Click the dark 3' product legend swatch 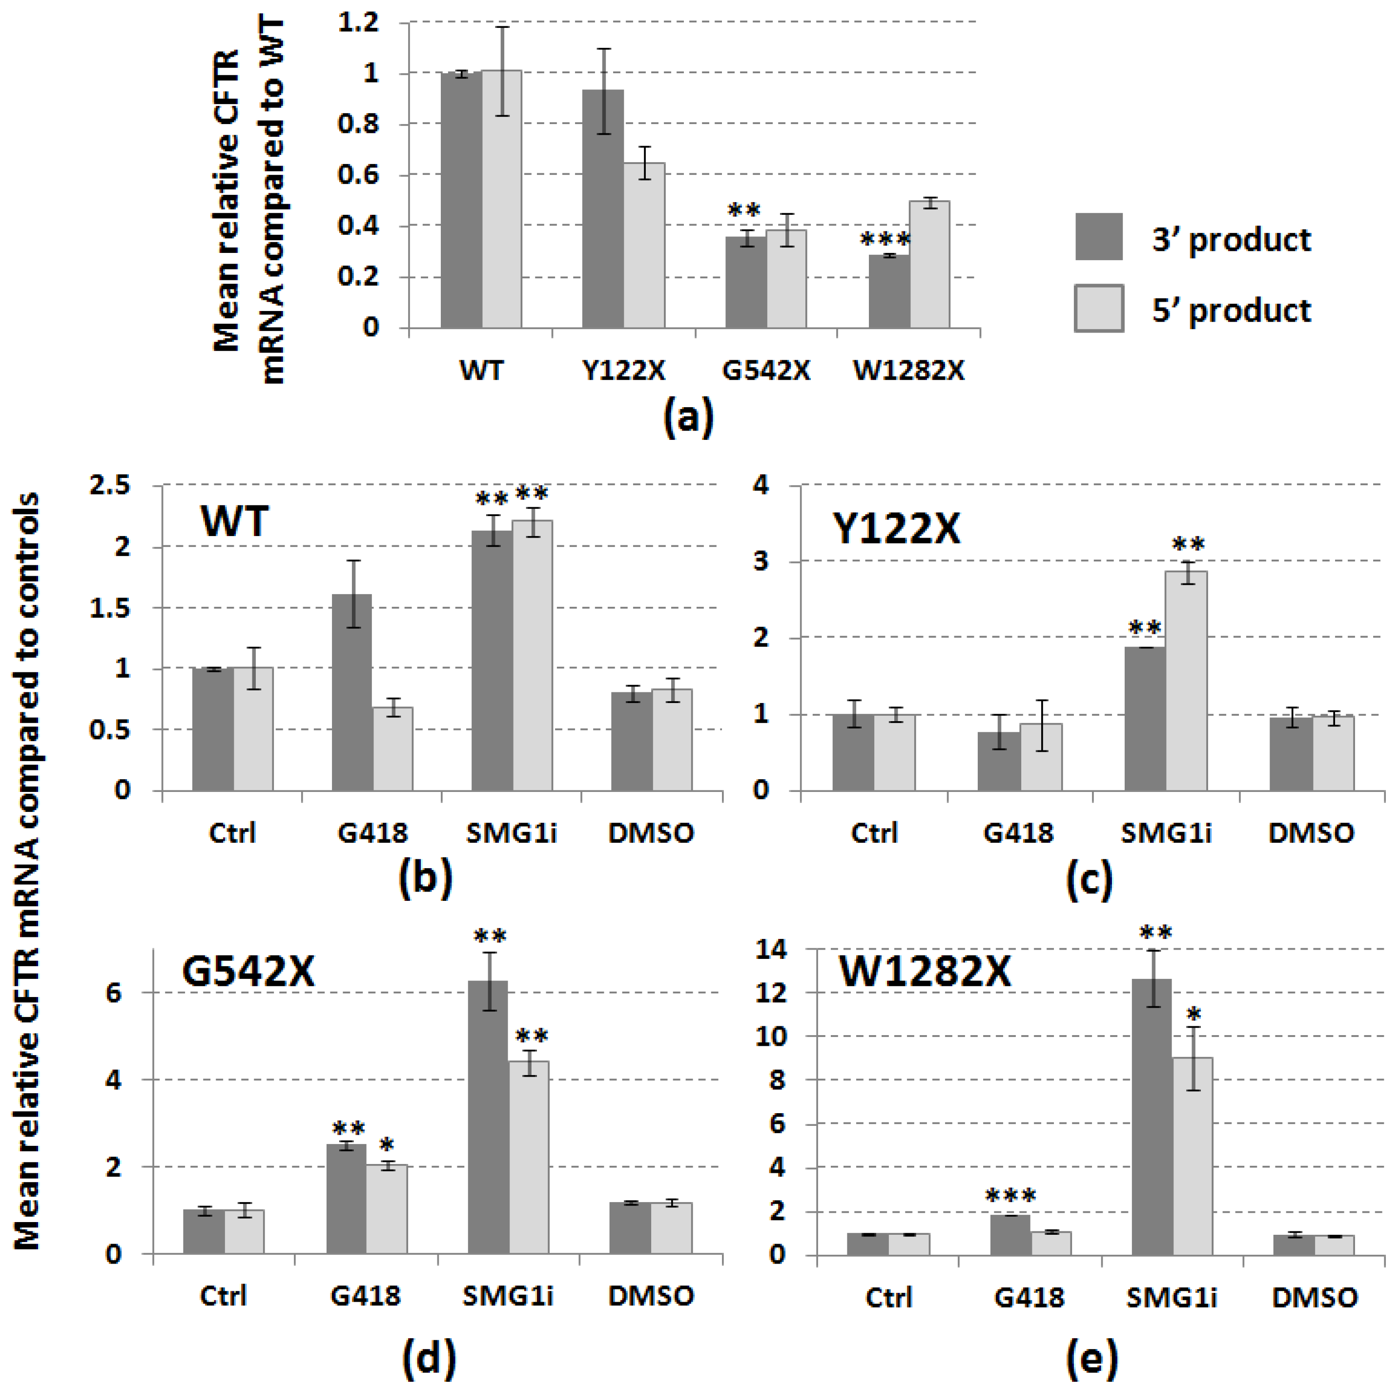1098,236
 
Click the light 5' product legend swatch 1098,308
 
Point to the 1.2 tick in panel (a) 358,22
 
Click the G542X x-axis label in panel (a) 766,371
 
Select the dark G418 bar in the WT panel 352,691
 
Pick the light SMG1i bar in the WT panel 533,655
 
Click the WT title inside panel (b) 235,520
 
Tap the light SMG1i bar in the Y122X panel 1186,680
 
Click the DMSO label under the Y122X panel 1312,833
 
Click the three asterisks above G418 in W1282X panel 1011,1196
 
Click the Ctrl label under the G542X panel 223,1295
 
